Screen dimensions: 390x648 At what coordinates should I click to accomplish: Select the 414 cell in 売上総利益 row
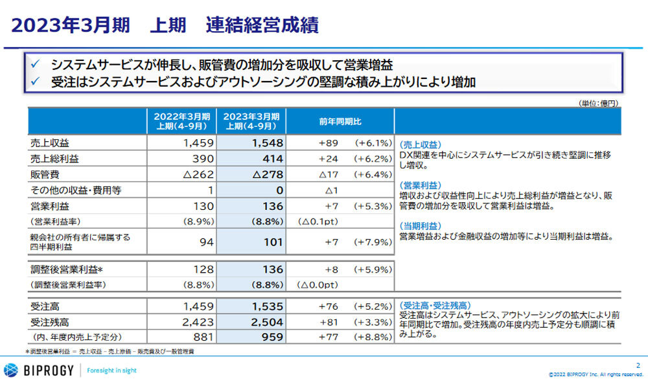(272, 159)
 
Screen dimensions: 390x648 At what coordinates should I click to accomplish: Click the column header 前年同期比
(340, 121)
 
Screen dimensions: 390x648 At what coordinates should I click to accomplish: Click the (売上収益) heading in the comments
(421, 145)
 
